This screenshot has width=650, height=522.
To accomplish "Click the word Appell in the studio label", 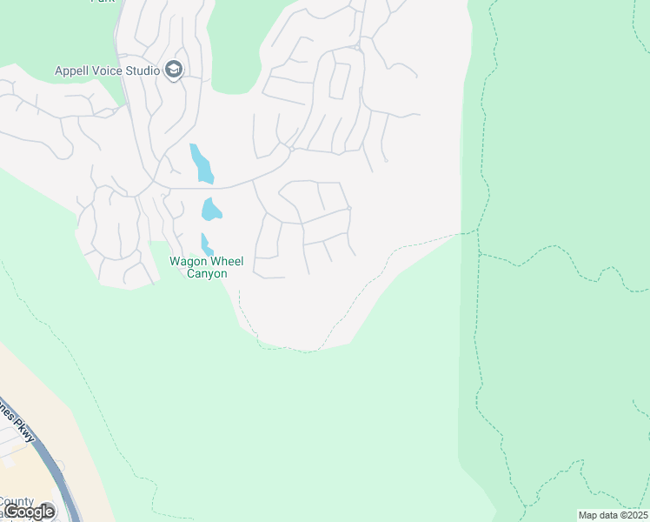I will click(74, 70).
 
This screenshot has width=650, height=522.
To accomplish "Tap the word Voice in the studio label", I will click(111, 70).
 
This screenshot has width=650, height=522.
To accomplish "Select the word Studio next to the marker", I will click(143, 70).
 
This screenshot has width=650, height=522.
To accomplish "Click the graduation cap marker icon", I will click(174, 70).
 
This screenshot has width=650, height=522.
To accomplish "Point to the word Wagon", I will click(188, 261).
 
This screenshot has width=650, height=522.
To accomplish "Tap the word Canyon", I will click(208, 274).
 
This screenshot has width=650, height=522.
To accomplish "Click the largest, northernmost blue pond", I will click(201, 164).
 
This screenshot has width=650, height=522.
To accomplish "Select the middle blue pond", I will click(210, 210).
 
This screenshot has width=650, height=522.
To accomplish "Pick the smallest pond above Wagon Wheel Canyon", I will click(206, 244).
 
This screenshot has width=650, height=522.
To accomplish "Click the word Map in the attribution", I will click(588, 515).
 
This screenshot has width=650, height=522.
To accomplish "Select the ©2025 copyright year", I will click(633, 515).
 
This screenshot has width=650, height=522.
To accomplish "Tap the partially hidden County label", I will click(16, 501).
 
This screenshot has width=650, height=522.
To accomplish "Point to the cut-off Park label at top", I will click(103, 2).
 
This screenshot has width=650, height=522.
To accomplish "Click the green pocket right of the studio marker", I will click(233, 70).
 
